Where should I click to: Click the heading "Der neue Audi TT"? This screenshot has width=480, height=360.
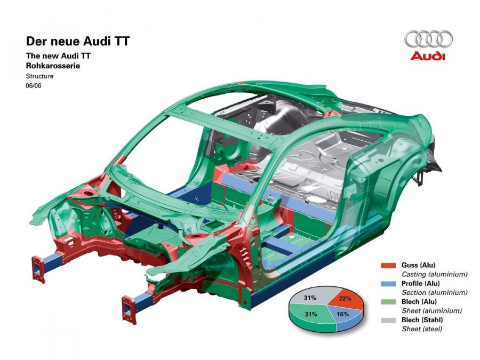coord(78,41)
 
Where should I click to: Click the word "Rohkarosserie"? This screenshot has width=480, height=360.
coord(53,66)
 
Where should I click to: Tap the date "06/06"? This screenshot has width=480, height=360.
coord(34,85)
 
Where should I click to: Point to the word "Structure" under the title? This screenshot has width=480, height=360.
coord(39,76)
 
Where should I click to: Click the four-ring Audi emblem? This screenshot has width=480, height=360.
coord(428,39)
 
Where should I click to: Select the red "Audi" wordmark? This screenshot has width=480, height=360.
coord(428,57)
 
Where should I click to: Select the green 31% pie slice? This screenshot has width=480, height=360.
coord(309,316)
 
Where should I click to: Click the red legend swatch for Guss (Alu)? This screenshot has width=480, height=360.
coord(388,265)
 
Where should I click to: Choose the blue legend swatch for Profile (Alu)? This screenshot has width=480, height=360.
coord(388,284)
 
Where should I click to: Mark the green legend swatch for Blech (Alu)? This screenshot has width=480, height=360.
coord(388,302)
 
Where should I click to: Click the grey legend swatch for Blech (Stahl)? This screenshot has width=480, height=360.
coord(388,320)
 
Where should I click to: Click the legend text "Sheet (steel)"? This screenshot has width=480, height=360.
coord(422,329)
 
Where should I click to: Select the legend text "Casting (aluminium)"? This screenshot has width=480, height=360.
coord(435,274)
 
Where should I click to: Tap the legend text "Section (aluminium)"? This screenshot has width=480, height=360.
coord(435,293)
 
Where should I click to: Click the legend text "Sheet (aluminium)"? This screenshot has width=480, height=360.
coord(431,311)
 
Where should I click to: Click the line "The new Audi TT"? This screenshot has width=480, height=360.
coord(58,55)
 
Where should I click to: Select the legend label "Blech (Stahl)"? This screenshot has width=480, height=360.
coord(422,320)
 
